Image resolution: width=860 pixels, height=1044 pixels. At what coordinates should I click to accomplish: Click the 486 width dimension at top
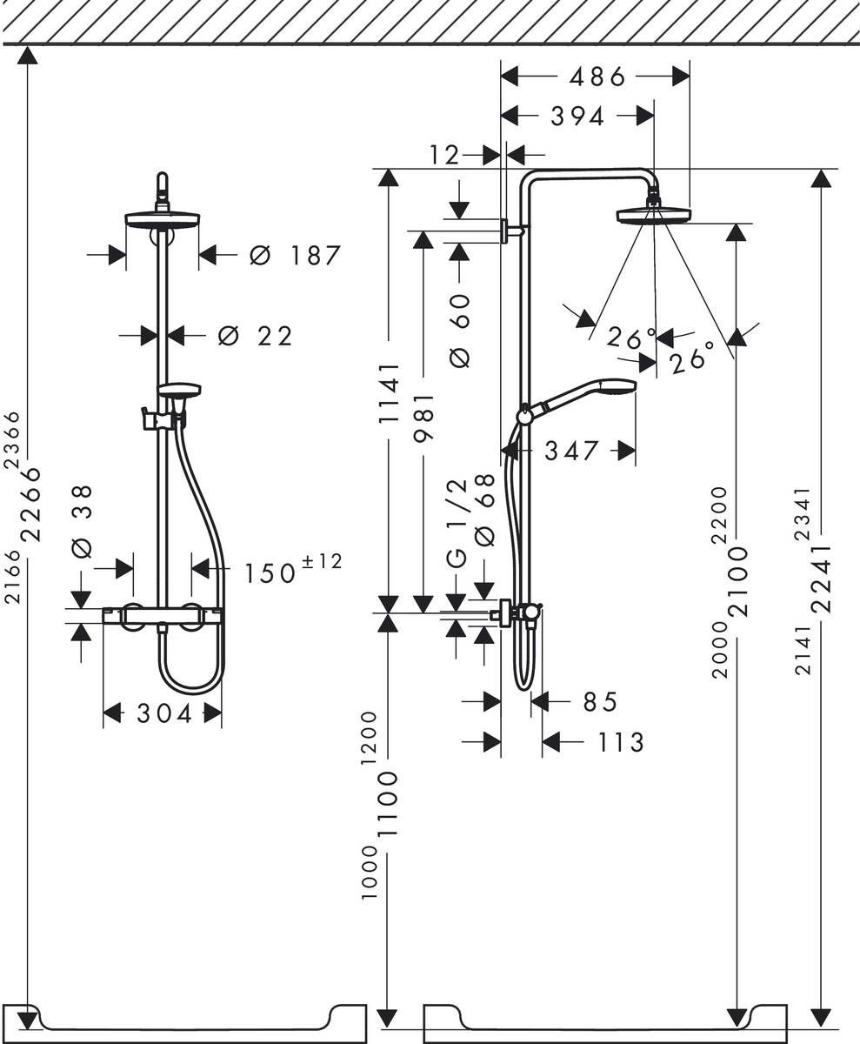click(597, 77)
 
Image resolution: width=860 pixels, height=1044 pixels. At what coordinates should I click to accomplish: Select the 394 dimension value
click(577, 117)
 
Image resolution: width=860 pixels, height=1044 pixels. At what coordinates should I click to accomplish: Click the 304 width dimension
click(163, 714)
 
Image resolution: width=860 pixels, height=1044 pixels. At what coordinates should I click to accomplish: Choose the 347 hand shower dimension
click(571, 451)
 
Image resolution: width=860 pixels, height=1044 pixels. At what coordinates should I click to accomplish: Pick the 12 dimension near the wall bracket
click(443, 156)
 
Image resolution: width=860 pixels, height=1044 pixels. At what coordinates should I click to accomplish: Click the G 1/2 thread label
click(457, 523)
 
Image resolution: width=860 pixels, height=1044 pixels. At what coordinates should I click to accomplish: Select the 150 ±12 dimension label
click(292, 571)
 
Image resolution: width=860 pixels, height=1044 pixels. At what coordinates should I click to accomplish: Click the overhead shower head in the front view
click(163, 218)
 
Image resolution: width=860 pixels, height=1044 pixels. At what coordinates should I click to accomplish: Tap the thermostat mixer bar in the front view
click(163, 616)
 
